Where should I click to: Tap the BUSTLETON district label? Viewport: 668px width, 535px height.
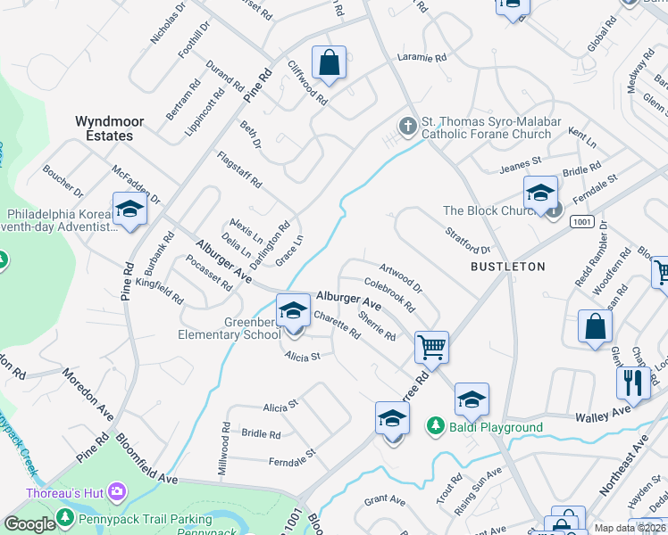pos(507,267)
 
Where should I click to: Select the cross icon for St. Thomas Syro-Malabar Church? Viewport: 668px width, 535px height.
pos(408,127)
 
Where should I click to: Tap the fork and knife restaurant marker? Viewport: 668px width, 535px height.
pos(633,383)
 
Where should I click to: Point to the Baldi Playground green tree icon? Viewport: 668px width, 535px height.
pos(436,427)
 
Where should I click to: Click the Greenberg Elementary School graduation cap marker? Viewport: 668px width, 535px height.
pos(292,311)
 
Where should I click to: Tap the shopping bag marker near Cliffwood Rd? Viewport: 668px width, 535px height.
pos(330,63)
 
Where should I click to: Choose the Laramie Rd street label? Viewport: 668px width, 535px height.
pos(422,57)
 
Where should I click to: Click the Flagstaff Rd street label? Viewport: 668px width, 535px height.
pos(240,169)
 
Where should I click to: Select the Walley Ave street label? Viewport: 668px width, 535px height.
pos(605,413)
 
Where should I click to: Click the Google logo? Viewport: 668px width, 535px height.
pos(29,524)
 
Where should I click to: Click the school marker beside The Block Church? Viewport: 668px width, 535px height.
pos(540,193)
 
